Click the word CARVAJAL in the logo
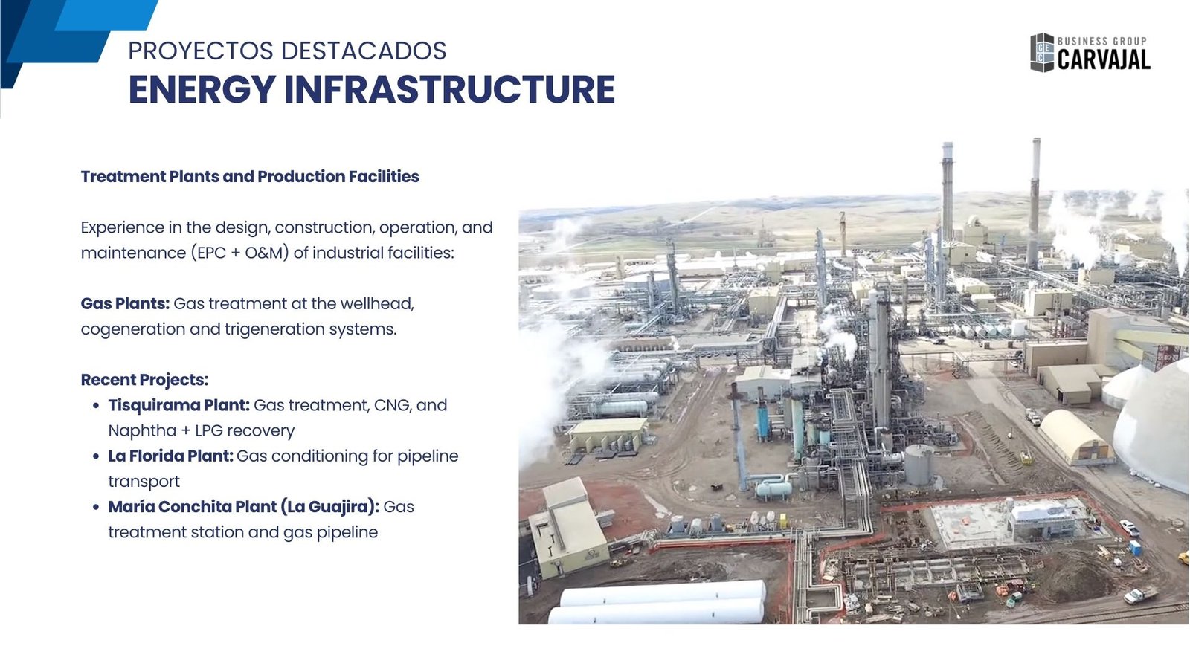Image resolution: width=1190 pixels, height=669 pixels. (x=1104, y=59)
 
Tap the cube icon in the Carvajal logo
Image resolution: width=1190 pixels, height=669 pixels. (x=1042, y=53)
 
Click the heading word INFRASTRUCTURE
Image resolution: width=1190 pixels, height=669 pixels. (x=449, y=89)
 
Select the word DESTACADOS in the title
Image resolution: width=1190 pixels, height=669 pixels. (x=364, y=51)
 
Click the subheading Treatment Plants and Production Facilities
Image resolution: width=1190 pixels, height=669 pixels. (x=250, y=176)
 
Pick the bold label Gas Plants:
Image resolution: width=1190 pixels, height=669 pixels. (x=125, y=303)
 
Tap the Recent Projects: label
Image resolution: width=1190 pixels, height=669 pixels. (x=144, y=380)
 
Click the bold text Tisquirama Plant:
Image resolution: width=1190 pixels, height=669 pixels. (x=178, y=405)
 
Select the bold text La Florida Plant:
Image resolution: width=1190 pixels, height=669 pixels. (x=170, y=456)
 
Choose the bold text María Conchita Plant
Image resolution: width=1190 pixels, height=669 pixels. (x=192, y=506)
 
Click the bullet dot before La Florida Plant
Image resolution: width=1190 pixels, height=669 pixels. (x=96, y=456)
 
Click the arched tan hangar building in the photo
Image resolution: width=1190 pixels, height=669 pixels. (x=1075, y=437)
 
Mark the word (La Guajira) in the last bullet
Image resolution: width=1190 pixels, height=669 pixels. (x=330, y=506)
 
